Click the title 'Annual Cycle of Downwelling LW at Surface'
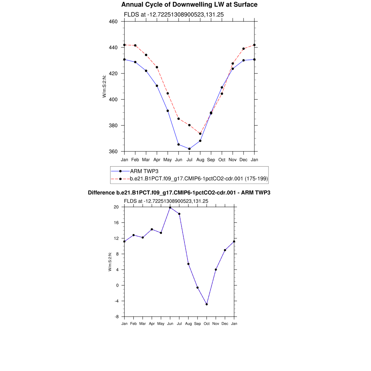coord(189,5)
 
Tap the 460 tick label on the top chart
coord(113,21)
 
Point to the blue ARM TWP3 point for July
coord(189,149)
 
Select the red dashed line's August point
coord(200,134)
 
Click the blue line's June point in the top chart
coord(179,145)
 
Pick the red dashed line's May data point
coord(168,93)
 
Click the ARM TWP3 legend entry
coord(144,171)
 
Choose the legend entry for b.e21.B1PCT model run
coord(199,179)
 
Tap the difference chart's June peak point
coord(170,208)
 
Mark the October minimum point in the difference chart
coord(207,304)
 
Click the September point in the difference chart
coord(197,288)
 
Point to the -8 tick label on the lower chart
coord(117,317)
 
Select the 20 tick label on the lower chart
coord(116,207)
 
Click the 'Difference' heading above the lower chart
coord(179,193)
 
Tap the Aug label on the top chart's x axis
coord(200,160)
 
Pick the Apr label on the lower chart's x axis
coord(152,324)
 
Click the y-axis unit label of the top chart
coord(104,86)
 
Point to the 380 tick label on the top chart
coord(113,125)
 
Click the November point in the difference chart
coord(216,270)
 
